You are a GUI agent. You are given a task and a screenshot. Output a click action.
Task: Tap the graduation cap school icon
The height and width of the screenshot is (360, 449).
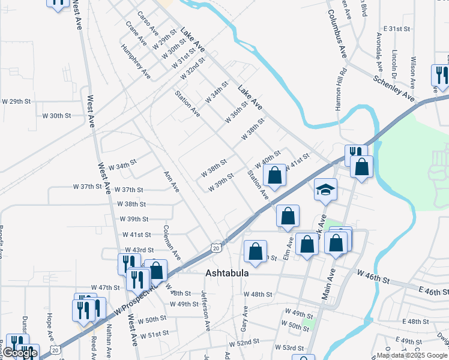(325, 190)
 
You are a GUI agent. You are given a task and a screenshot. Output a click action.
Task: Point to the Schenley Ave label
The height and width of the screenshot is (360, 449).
(394, 88)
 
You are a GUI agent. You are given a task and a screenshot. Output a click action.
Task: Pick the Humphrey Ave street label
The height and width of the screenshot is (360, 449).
(135, 61)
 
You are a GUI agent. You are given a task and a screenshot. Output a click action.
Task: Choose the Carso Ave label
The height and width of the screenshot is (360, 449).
(147, 23)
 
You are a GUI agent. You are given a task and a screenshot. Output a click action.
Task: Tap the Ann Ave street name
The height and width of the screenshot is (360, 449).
(172, 181)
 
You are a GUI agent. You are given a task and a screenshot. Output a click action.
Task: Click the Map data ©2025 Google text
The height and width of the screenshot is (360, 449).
(412, 355)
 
